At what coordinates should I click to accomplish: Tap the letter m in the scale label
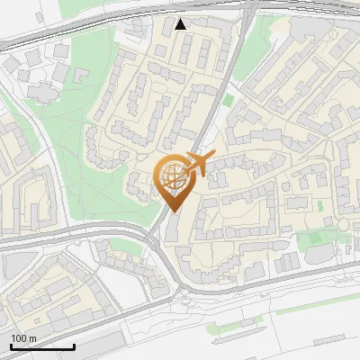tap(32, 338)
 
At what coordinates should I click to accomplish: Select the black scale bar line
tap(42, 347)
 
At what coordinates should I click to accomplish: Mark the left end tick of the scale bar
tap(11, 346)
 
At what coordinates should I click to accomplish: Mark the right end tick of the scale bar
tap(74, 346)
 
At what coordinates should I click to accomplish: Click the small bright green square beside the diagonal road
tap(229, 99)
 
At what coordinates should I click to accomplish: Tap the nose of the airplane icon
tap(212, 157)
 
